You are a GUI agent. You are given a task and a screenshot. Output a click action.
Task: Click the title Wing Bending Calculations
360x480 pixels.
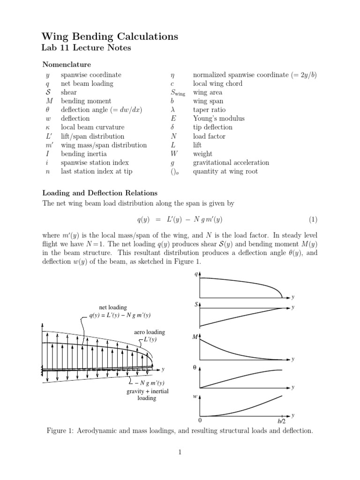110,37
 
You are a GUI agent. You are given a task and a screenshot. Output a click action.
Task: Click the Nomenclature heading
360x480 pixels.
67,64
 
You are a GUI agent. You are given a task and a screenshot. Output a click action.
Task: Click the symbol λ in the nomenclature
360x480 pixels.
173,110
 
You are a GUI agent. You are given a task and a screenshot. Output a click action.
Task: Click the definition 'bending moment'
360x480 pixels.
86,101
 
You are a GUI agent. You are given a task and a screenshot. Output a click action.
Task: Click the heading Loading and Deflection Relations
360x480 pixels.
100,193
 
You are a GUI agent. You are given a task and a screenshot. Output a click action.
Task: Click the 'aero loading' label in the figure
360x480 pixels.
150,332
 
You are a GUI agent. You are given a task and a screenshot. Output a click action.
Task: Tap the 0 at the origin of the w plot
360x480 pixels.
200,420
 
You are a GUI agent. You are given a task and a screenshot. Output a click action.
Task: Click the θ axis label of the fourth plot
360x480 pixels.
195,368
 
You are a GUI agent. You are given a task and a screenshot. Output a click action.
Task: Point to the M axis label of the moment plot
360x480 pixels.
195,337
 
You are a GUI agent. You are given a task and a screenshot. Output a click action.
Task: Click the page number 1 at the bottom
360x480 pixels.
180,452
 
